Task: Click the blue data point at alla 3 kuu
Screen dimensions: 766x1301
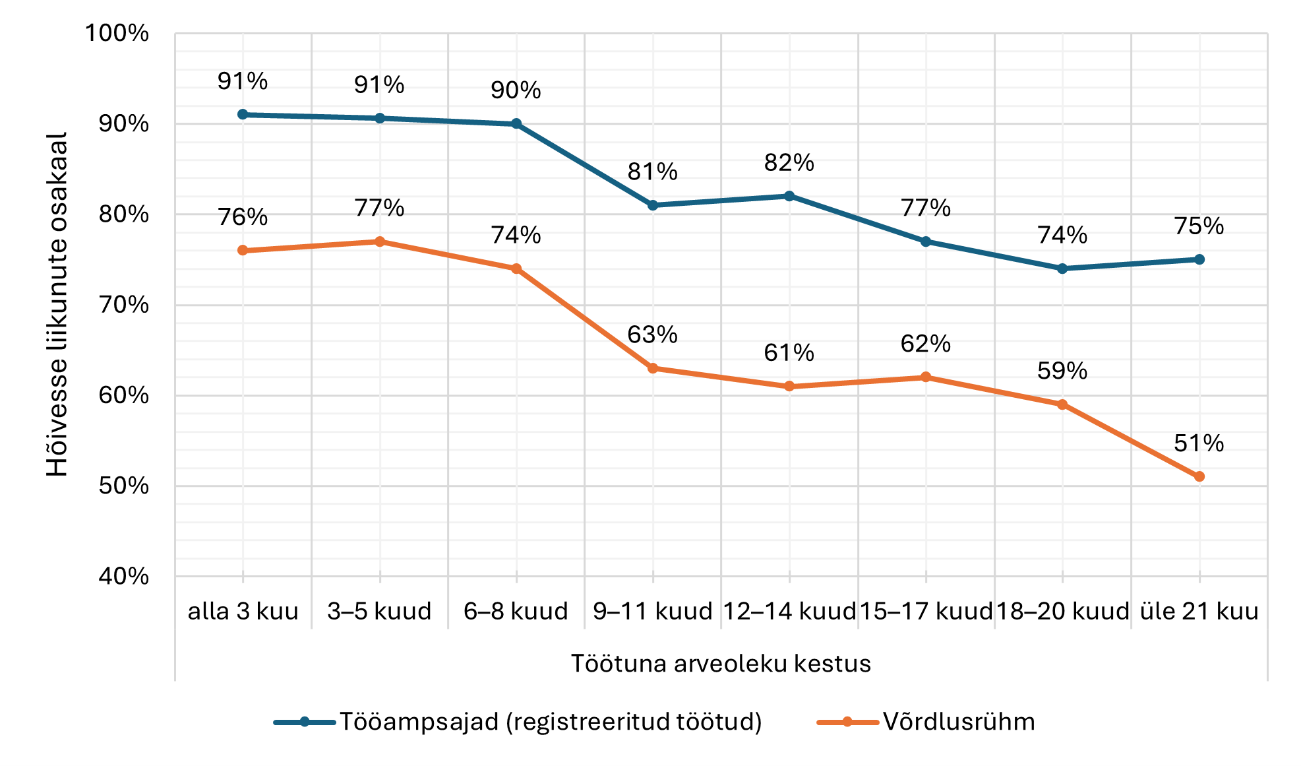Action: pyautogui.click(x=243, y=114)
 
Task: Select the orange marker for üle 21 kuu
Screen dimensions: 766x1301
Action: pyautogui.click(x=1199, y=476)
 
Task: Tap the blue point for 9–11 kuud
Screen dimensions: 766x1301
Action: pyautogui.click(x=653, y=205)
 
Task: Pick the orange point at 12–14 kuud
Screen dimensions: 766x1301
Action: pyautogui.click(x=789, y=386)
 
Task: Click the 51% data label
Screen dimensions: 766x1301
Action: pyautogui.click(x=1198, y=443)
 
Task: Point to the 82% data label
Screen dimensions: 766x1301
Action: pyautogui.click(x=789, y=162)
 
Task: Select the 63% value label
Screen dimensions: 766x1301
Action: pyautogui.click(x=652, y=335)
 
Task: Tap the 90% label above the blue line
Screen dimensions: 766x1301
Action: pyautogui.click(x=516, y=90)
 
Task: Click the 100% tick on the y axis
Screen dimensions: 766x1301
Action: pyautogui.click(x=117, y=33)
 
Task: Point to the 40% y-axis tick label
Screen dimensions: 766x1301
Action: pyautogui.click(x=124, y=576)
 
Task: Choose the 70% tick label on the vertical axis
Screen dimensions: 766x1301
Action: pyautogui.click(x=124, y=305)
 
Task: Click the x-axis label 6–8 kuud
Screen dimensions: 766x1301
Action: pyautogui.click(x=516, y=611)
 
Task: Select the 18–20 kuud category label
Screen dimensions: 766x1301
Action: pyautogui.click(x=1062, y=611)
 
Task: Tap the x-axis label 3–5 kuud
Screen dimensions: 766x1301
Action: pyautogui.click(x=379, y=611)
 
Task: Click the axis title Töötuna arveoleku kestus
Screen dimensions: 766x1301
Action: pyautogui.click(x=721, y=663)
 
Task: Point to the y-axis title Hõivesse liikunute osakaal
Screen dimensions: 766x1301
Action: pyautogui.click(x=57, y=304)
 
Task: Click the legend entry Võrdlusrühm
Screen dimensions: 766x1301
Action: pyautogui.click(x=958, y=722)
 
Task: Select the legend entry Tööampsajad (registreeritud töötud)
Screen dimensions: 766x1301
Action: pyautogui.click(x=550, y=722)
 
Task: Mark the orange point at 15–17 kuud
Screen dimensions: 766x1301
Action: pyautogui.click(x=926, y=377)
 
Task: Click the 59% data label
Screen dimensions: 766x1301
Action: pyautogui.click(x=1062, y=371)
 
